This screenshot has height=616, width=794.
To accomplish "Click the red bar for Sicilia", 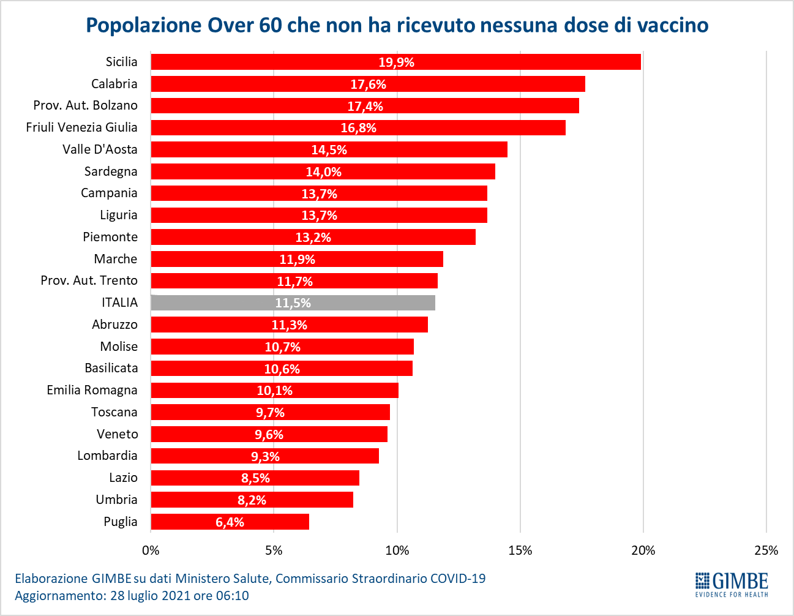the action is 395,62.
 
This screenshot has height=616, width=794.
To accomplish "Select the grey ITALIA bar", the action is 293,302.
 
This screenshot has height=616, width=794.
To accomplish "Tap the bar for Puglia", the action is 230,522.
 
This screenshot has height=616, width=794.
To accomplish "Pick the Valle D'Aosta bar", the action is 329,149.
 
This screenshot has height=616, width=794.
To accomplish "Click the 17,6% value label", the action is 369,85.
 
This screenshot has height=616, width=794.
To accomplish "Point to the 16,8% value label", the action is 359,128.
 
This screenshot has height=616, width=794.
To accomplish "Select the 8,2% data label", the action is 252,500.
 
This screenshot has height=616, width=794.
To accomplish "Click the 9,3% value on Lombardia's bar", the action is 265,456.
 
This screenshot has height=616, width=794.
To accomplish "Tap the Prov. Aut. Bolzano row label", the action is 86,105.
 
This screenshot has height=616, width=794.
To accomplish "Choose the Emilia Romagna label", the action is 92,390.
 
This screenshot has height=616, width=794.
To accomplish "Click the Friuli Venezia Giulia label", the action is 82,127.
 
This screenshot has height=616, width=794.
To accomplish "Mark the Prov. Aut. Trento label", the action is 89,280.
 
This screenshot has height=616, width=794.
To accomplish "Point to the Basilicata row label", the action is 111,368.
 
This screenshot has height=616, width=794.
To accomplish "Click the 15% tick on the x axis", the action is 520,550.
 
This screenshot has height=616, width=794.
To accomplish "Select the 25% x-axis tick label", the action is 766,550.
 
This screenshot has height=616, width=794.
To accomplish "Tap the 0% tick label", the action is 151,550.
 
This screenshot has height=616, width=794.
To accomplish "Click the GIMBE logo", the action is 732,585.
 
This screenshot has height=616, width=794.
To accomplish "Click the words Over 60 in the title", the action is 245,25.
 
